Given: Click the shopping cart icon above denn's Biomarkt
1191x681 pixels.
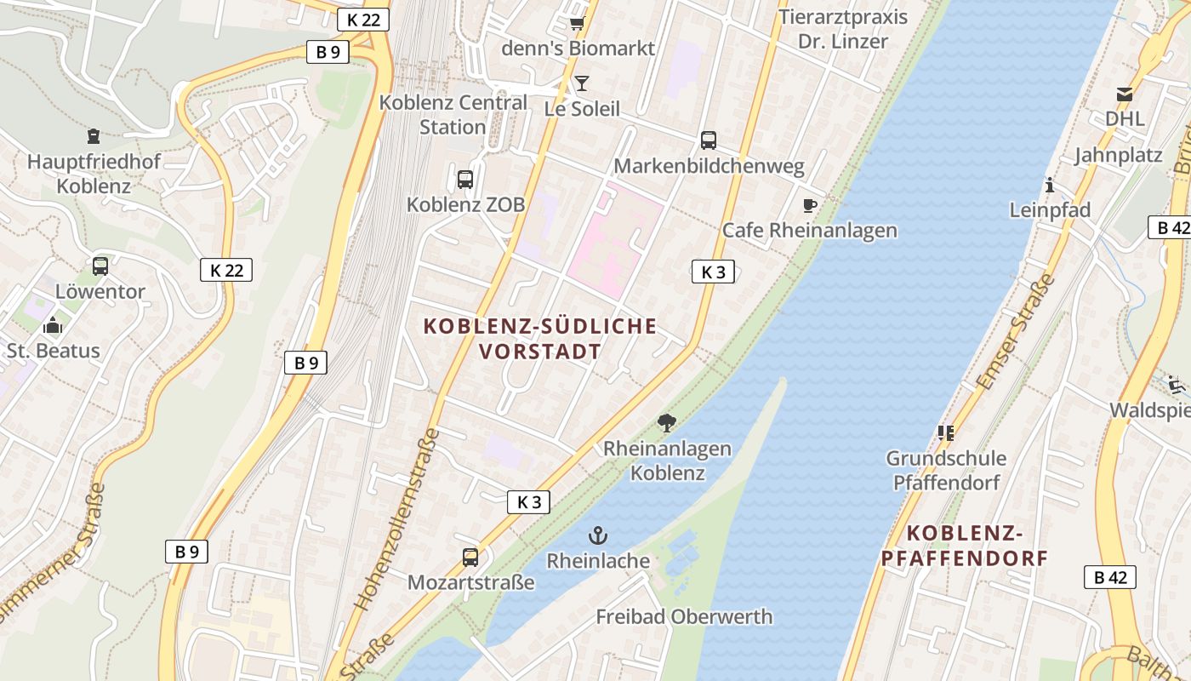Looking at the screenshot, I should pyautogui.click(x=578, y=23).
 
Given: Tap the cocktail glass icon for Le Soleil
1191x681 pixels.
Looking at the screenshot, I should pyautogui.click(x=582, y=83).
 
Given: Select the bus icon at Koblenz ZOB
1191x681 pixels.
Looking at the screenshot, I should pyautogui.click(x=465, y=180).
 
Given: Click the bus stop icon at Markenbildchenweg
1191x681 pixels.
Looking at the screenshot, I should pyautogui.click(x=709, y=140).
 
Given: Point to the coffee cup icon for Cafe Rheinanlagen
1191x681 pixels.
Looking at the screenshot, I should pyautogui.click(x=809, y=205).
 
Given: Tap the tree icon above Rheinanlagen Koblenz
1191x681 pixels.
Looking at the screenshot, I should pyautogui.click(x=667, y=422).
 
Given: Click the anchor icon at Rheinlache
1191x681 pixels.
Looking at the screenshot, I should pyautogui.click(x=598, y=535).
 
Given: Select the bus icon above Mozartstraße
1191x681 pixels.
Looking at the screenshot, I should pyautogui.click(x=470, y=558).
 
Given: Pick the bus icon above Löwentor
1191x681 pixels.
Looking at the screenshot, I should pyautogui.click(x=100, y=266).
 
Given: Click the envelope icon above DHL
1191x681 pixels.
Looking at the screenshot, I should pyautogui.click(x=1125, y=94).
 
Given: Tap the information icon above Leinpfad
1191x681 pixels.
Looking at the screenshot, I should pyautogui.click(x=1050, y=185).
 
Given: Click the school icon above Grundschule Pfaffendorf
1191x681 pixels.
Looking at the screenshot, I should pyautogui.click(x=945, y=433).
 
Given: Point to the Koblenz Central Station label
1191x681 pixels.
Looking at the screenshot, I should pyautogui.click(x=453, y=115).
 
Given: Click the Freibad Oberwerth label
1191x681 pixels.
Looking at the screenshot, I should pyautogui.click(x=684, y=616).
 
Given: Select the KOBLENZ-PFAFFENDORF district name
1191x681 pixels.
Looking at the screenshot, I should pyautogui.click(x=964, y=546).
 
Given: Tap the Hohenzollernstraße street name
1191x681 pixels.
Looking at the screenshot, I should pyautogui.click(x=397, y=519).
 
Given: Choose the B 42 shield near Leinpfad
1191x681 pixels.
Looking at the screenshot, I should pyautogui.click(x=1172, y=227).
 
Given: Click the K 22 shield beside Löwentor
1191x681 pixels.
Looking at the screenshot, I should pyautogui.click(x=226, y=271).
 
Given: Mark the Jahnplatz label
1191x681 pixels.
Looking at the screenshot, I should pyautogui.click(x=1118, y=156).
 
